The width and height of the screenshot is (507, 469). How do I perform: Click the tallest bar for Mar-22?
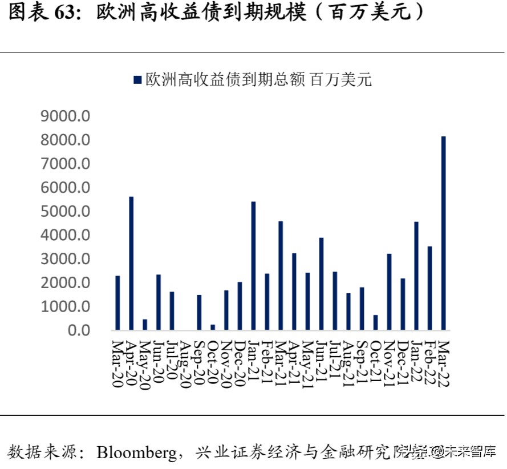(x=443, y=233)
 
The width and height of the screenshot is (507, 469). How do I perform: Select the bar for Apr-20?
(x=131, y=263)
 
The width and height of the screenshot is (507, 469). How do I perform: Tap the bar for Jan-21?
(x=253, y=266)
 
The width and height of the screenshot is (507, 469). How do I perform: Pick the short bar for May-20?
(x=145, y=325)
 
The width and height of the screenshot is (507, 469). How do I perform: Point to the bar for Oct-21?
(x=375, y=322)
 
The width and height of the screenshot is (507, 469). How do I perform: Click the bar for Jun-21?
(x=321, y=284)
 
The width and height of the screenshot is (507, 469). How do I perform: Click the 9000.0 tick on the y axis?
(x=66, y=116)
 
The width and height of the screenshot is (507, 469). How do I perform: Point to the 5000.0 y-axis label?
(x=66, y=212)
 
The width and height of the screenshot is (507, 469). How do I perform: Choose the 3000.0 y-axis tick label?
(x=66, y=259)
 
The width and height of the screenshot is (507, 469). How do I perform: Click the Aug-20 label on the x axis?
(x=185, y=363)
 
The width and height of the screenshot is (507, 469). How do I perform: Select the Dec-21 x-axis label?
(x=403, y=363)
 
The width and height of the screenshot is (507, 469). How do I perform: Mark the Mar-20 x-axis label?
(x=117, y=363)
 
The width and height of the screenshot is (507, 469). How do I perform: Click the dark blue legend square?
(x=137, y=80)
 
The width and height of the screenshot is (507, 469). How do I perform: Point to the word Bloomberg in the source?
(x=136, y=452)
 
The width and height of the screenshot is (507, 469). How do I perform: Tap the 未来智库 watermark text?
(x=472, y=452)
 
